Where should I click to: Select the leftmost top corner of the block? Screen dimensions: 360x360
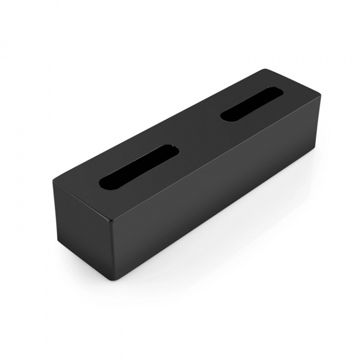tap(51, 183)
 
